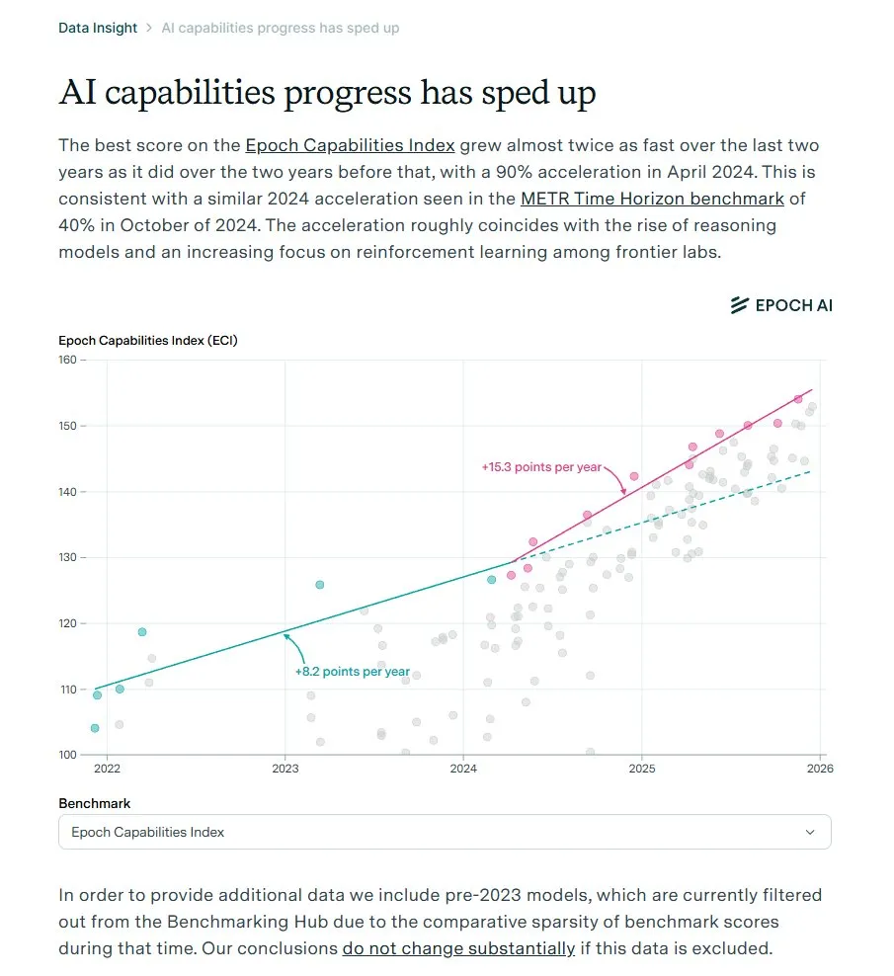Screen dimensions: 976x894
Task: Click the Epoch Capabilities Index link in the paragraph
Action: point(350,145)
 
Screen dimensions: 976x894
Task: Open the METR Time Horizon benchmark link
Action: point(652,199)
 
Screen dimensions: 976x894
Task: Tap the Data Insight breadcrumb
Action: point(98,28)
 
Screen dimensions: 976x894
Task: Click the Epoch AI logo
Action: point(781,305)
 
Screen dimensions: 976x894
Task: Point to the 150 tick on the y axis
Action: point(68,426)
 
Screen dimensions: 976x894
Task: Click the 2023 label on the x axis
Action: point(284,769)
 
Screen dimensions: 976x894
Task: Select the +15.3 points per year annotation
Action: point(541,466)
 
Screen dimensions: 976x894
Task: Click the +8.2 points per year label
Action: point(352,672)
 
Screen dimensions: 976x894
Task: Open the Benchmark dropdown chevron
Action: point(810,832)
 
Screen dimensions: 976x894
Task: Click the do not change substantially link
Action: point(458,948)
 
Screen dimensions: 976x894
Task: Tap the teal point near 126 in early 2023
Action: point(319,585)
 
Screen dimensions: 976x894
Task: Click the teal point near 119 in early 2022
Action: point(142,632)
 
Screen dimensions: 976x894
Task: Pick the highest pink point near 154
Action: point(798,399)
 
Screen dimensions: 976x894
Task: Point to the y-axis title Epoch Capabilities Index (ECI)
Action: point(148,341)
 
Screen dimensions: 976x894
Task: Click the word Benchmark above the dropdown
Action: point(95,803)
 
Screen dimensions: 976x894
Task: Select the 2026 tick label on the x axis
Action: point(820,769)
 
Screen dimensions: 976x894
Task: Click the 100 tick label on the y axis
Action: point(68,755)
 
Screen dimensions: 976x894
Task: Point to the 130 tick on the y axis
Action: point(68,557)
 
